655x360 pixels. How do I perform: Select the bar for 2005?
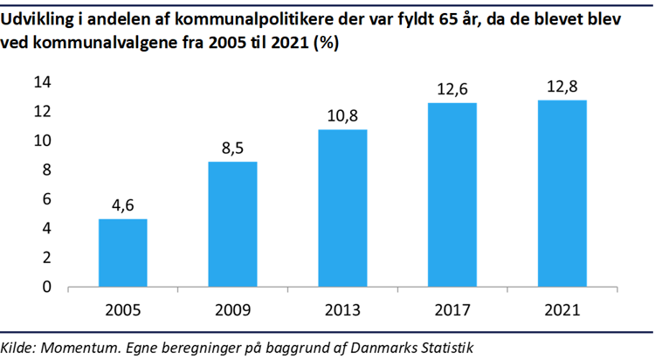pos(122,253)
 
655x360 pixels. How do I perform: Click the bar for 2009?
pos(232,224)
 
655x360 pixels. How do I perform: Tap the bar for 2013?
pos(342,208)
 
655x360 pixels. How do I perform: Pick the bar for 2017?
pos(452,194)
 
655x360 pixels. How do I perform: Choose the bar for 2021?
pos(562,193)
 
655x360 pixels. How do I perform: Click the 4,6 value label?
pos(122,206)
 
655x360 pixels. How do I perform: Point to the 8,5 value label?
pos(232,149)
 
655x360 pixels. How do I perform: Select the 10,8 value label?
pos(342,116)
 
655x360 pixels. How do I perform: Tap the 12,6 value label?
pos(452,90)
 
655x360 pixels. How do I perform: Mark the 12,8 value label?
pos(562,87)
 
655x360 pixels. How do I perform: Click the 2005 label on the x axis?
pos(122,309)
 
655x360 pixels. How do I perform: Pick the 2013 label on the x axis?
pos(342,309)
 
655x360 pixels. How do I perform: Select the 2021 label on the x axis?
pos(562,309)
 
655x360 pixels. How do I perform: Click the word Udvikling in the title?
pos(38,20)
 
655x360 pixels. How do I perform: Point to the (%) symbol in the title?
pos(323,45)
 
